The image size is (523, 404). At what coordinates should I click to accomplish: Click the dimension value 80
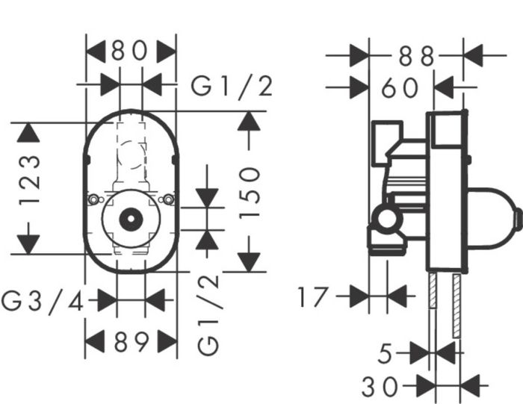tap(132, 52)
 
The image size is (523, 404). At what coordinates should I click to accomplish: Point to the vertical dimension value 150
tap(250, 192)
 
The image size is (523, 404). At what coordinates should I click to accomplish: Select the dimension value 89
tap(131, 343)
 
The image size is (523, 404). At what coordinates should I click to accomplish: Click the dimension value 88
tap(415, 55)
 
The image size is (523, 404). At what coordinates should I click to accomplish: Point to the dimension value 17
tap(312, 296)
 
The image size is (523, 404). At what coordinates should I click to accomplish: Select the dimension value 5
tap(386, 353)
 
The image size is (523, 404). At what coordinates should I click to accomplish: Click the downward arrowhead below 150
tap(250, 262)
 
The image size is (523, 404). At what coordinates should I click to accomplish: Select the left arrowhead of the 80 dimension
tap(96, 52)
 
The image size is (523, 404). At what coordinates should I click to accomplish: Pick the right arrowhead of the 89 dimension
tap(167, 343)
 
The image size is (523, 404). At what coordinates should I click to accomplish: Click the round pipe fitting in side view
tap(386, 220)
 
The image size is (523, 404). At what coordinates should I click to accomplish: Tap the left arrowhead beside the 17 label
tap(359, 296)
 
